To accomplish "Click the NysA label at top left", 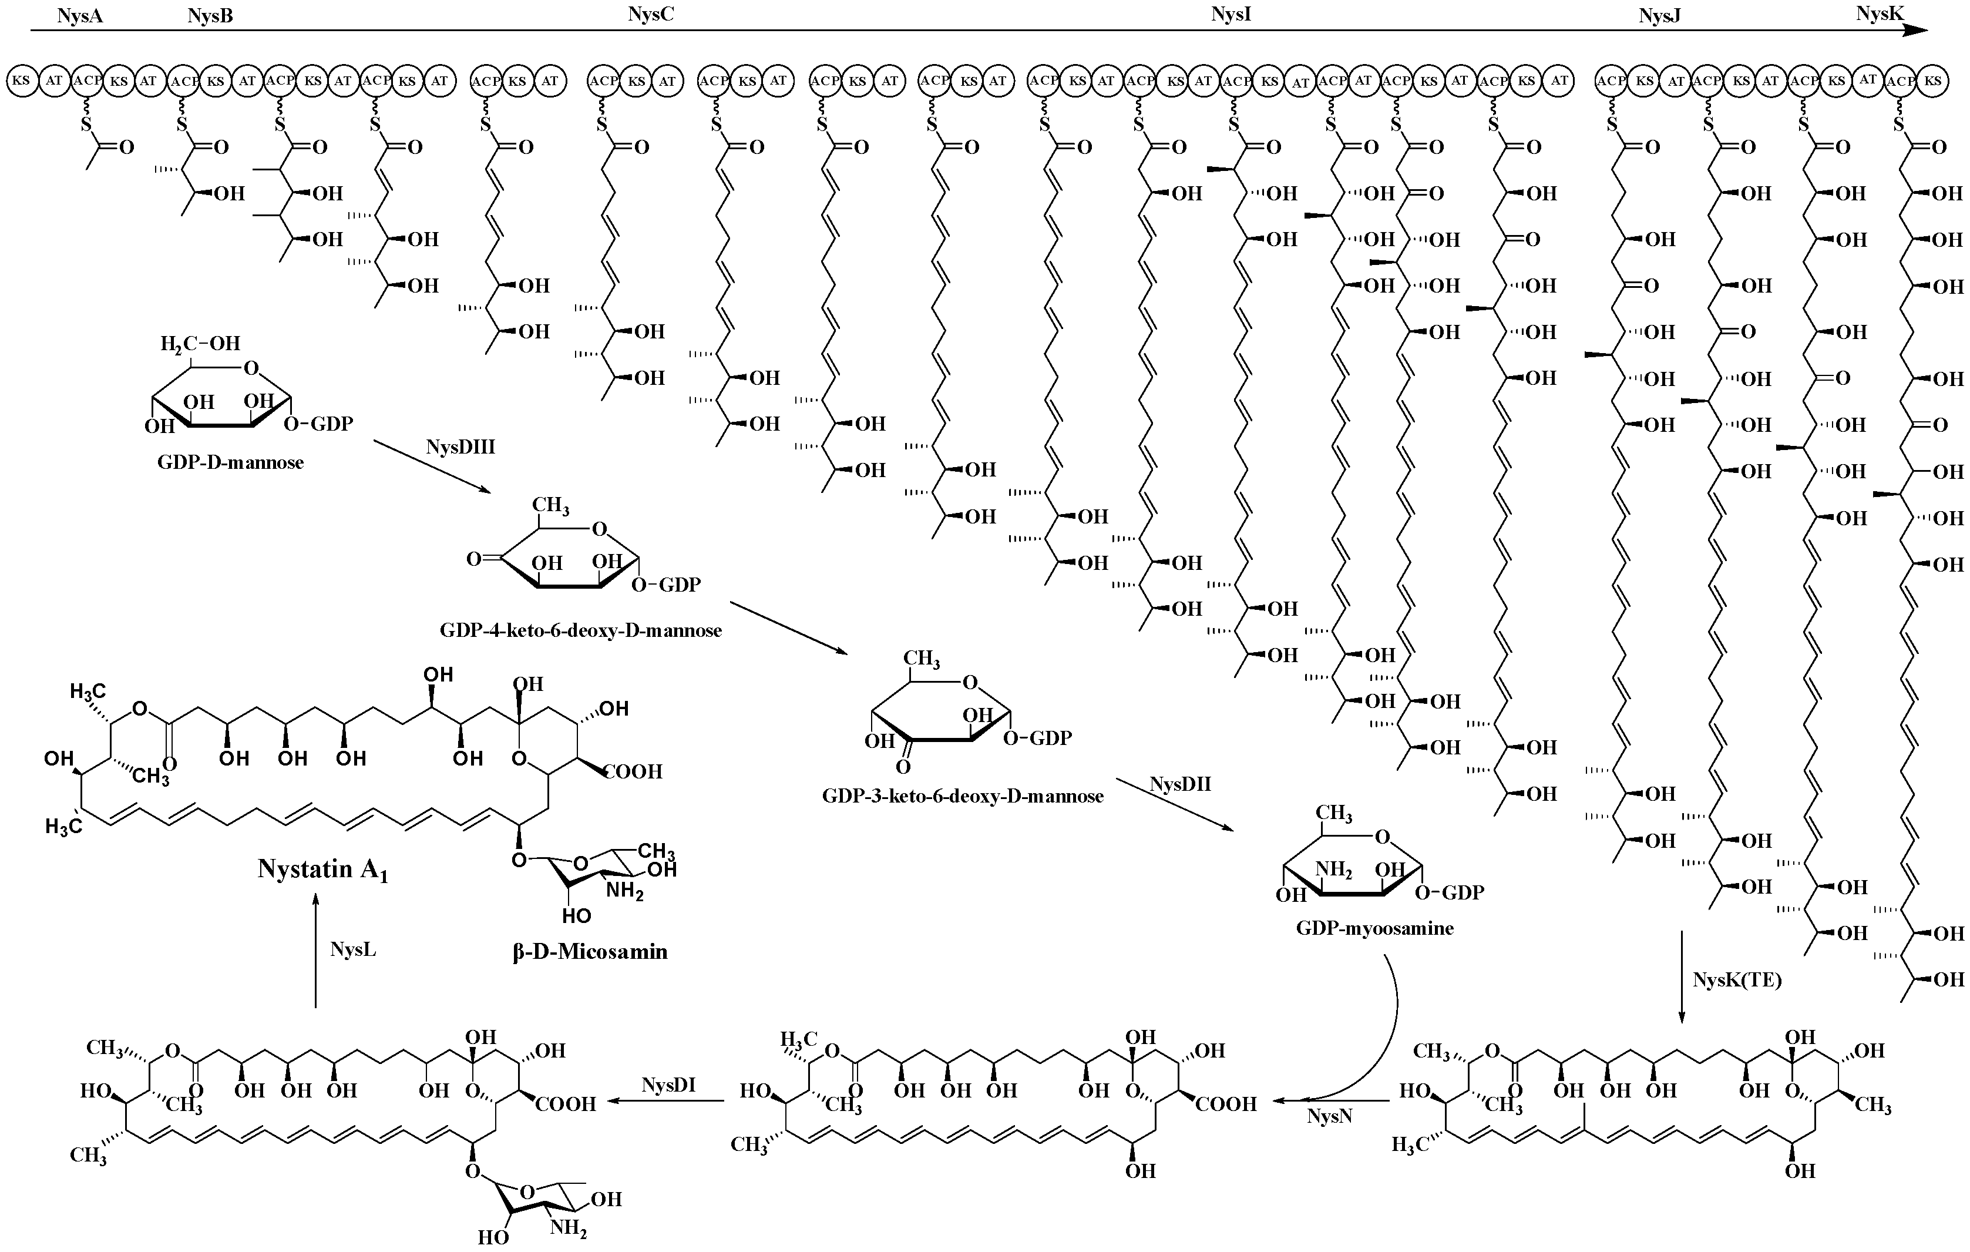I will pos(79,15).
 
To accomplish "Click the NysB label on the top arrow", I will pos(210,15).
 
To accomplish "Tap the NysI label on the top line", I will pos(1231,14).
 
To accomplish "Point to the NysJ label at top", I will pos(1659,15).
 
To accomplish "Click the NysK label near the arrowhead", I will pos(1880,12).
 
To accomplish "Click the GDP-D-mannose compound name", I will pos(231,463).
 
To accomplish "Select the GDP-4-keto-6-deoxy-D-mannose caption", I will pos(580,630).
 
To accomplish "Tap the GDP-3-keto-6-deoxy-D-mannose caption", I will pos(963,796).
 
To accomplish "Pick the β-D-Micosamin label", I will pos(590,952).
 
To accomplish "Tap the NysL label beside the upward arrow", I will pos(352,949).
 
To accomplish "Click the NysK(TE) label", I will pos(1737,979).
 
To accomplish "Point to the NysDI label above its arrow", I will pos(668,1085).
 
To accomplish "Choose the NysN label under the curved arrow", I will pos(1329,1116).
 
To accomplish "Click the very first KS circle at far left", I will pos(21,80).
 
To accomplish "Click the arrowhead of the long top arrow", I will pos(1917,31).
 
